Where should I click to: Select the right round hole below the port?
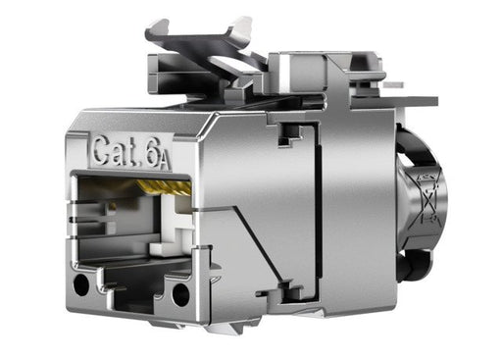(181, 293)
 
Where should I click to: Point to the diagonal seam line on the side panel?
(240, 245)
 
